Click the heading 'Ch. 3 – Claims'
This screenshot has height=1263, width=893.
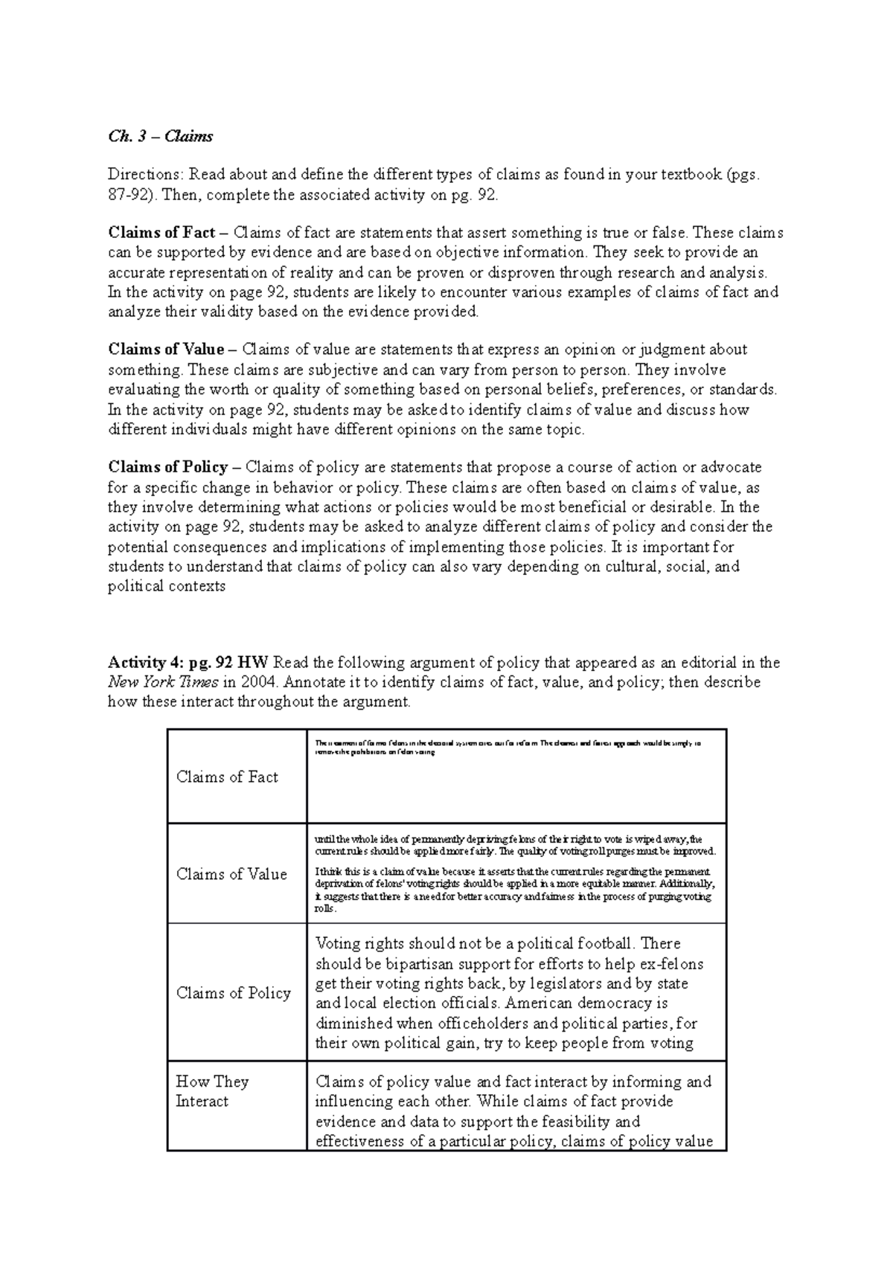click(160, 136)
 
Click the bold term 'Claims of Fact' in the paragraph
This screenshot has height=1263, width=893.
click(161, 233)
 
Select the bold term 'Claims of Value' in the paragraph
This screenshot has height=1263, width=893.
click(166, 350)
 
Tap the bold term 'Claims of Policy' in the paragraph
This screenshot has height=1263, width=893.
click(168, 467)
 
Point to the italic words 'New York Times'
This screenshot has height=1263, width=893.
click(163, 682)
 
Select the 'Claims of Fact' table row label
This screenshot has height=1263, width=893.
click(227, 777)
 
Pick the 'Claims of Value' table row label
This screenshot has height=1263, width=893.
click(231, 874)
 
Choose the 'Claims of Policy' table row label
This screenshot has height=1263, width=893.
click(233, 993)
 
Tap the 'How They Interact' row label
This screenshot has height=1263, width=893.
click(212, 1091)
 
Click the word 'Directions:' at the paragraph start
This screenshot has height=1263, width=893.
click(145, 175)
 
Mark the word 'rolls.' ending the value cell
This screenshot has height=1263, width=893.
click(325, 909)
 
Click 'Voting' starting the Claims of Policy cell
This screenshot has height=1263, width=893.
click(338, 944)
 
